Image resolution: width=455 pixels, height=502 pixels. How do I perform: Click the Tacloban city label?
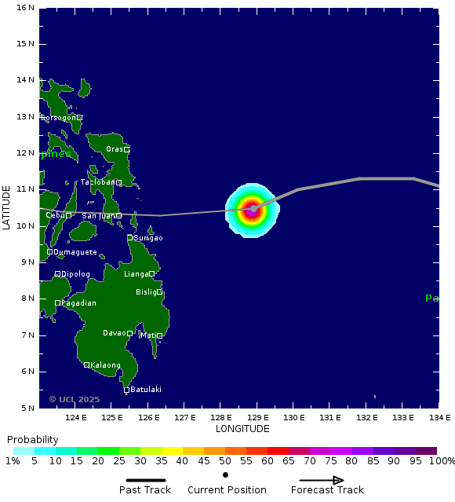[98, 182]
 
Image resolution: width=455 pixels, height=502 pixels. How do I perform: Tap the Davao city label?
[114, 333]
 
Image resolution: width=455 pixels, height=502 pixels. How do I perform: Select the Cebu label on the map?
[54, 215]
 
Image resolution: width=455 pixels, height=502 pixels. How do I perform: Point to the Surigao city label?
[148, 238]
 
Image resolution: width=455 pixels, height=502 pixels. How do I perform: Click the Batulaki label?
[146, 390]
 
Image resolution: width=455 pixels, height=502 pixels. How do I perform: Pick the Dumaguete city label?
[75, 252]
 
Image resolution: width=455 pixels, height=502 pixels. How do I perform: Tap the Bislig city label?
[146, 292]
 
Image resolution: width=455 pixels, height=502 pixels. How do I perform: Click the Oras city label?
[115, 149]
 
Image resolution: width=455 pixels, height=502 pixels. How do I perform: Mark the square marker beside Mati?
[159, 335]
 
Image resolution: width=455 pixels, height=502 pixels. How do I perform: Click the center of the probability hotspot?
[252, 210]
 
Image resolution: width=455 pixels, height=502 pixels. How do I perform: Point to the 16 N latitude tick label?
[25, 8]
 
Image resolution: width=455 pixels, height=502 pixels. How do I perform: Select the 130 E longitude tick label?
[293, 417]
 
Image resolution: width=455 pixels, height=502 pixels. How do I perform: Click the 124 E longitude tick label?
[75, 417]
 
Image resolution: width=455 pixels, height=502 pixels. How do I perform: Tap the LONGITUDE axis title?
[242, 429]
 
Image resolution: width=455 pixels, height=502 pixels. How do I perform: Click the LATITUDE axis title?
[7, 207]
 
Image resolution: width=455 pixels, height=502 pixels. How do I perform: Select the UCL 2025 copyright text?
[75, 399]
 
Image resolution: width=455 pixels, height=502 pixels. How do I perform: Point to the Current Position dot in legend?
[226, 475]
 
